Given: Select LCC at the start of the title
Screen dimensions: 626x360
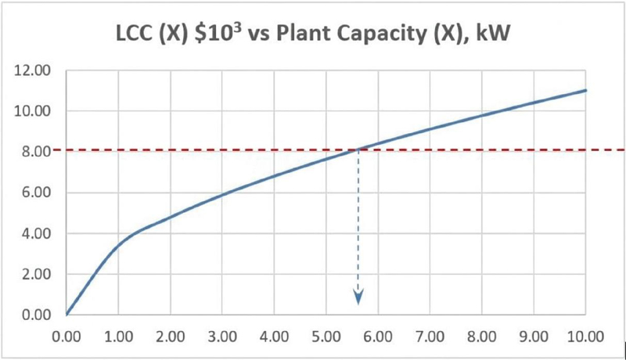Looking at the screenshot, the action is (133, 33).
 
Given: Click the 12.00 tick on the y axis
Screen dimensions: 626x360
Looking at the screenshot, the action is (33, 70).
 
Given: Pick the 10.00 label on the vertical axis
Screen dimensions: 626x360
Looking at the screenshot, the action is (33, 111).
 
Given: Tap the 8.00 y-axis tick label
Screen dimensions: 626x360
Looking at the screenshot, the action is (36, 152).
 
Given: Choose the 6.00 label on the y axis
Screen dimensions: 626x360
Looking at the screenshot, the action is (36, 193).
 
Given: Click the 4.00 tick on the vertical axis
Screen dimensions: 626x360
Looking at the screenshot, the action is (36, 233).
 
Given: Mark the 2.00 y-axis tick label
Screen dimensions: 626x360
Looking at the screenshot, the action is (36, 274).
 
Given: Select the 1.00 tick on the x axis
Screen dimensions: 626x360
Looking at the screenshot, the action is (119, 337).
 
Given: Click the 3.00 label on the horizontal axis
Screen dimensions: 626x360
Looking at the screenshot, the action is (222, 337).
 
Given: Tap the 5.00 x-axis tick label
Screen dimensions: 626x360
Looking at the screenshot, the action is (326, 337).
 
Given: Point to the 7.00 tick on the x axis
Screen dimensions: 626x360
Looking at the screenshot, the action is (430, 337).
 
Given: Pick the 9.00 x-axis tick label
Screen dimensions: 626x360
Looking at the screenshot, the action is (534, 337).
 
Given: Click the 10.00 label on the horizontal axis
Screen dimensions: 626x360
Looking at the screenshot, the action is (585, 337).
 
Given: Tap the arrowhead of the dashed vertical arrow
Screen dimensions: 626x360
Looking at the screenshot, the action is (358, 297).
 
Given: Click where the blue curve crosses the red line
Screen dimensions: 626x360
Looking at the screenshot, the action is (358, 149).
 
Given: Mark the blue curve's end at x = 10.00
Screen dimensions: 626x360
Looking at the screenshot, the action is (585, 90).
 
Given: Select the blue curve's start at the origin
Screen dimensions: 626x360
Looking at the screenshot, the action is (67, 315).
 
